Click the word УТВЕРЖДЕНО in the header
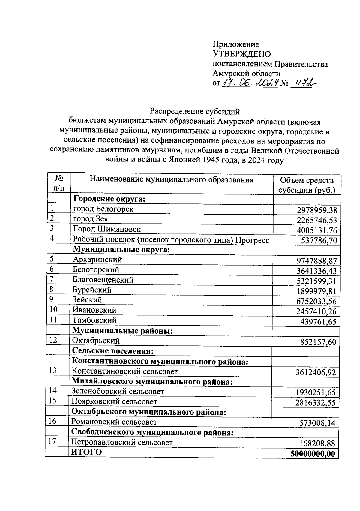241,54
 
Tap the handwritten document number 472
301,83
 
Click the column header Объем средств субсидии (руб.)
307,185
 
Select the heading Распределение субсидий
195,111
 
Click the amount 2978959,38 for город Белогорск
317,210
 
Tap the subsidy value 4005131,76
317,230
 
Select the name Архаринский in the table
97,259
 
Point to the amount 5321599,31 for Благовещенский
317,281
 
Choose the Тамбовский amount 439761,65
319,322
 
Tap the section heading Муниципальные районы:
122,331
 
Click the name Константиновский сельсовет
124,371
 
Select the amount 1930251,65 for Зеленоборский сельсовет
316,392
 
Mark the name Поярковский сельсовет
114,401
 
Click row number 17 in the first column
52,442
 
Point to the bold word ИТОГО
86,452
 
